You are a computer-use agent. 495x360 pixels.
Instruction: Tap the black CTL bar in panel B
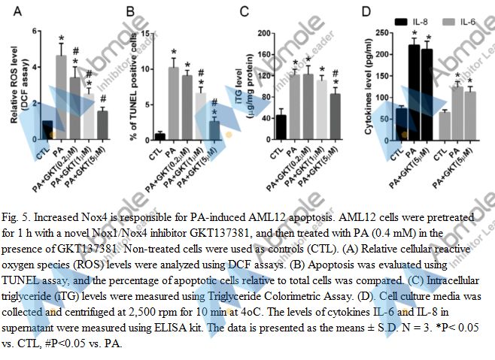point(159,136)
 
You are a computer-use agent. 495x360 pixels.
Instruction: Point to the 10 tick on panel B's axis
point(147,69)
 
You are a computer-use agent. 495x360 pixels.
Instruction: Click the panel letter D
point(366,12)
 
